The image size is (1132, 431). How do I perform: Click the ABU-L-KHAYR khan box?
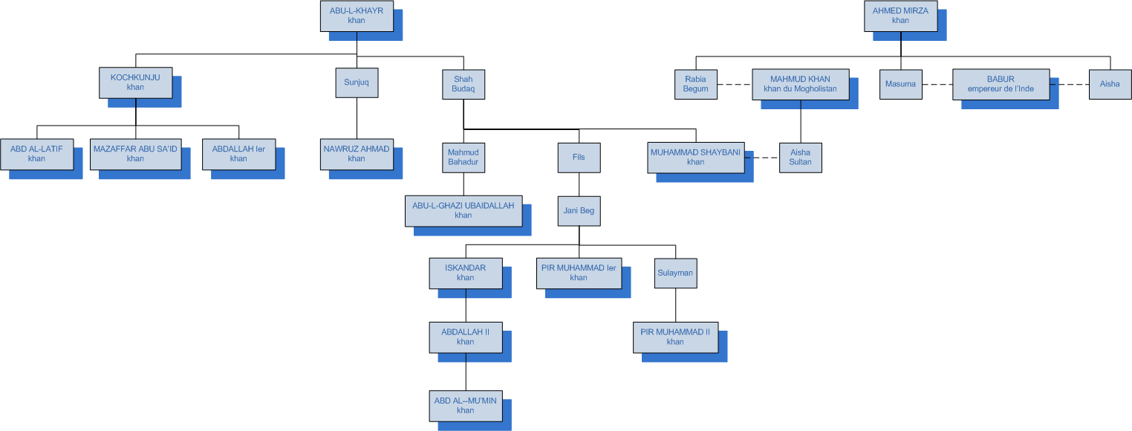click(x=357, y=16)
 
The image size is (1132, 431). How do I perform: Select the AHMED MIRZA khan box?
click(x=900, y=16)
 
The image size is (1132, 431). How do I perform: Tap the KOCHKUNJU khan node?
click(x=135, y=82)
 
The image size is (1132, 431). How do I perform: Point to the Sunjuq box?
click(x=357, y=82)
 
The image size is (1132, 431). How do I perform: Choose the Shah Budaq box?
click(x=463, y=82)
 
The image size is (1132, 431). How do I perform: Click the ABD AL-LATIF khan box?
click(x=36, y=154)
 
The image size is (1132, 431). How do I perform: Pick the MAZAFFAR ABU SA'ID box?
click(x=135, y=154)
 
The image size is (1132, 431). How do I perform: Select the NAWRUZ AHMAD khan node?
click(x=357, y=154)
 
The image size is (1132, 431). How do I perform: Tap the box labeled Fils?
click(x=579, y=158)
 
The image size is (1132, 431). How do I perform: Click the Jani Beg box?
click(x=579, y=210)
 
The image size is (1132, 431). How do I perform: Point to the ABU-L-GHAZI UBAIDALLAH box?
click(x=463, y=210)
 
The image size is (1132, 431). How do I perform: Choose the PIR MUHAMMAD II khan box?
click(x=675, y=337)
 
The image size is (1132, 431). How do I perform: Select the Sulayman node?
click(x=675, y=273)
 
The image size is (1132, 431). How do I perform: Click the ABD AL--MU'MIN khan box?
click(x=465, y=405)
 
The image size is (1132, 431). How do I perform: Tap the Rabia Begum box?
click(x=696, y=83)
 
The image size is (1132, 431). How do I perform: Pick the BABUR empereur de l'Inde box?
click(x=1001, y=83)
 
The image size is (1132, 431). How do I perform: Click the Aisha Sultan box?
click(x=800, y=157)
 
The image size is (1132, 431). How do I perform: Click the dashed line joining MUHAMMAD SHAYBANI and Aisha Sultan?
click(x=761, y=157)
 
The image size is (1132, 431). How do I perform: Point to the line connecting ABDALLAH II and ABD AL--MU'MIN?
click(x=466, y=371)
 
